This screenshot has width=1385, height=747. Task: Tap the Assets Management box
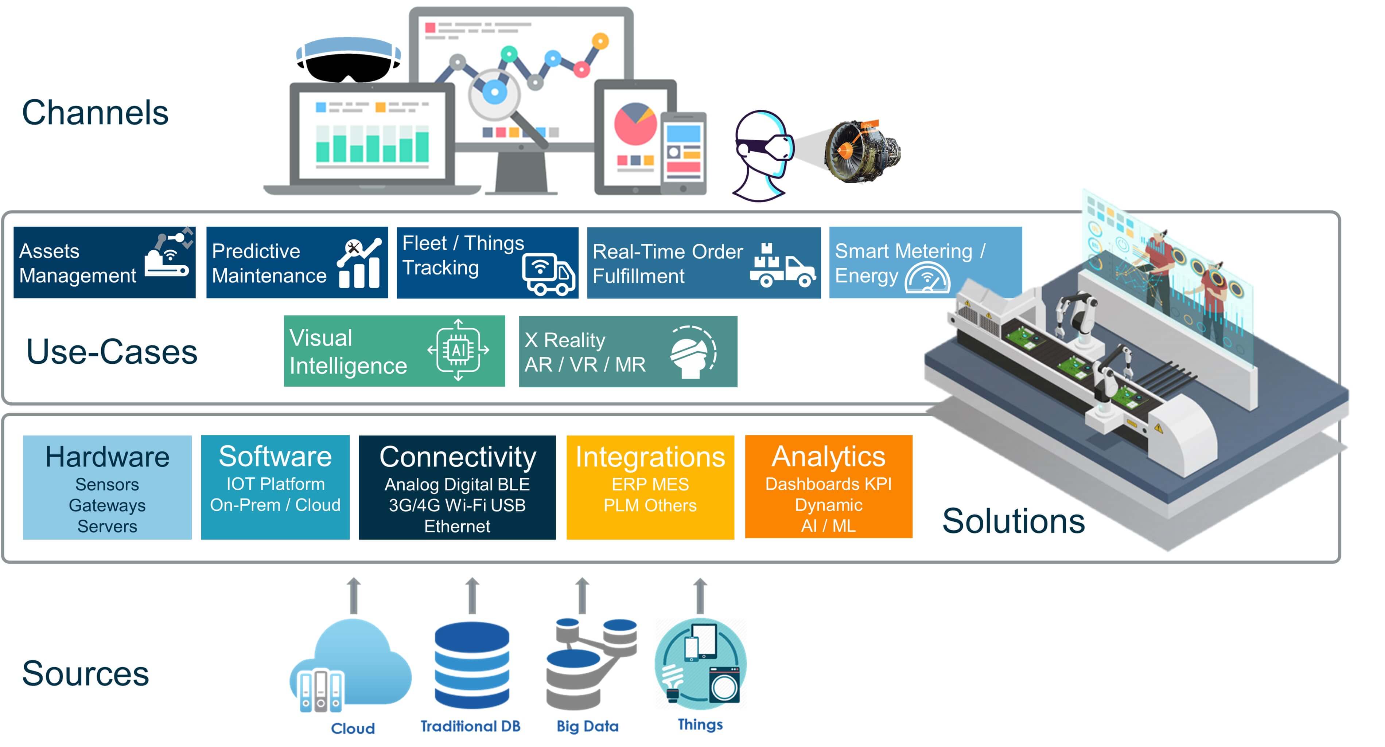104,262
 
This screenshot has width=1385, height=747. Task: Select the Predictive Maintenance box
297,262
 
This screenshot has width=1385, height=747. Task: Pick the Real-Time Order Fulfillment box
703,262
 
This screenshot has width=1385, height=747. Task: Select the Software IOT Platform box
275,487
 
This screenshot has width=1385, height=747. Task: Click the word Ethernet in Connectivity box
457,526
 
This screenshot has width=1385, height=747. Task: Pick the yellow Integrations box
650,487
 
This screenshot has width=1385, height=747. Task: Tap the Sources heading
85,673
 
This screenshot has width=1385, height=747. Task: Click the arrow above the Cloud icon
353,595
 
